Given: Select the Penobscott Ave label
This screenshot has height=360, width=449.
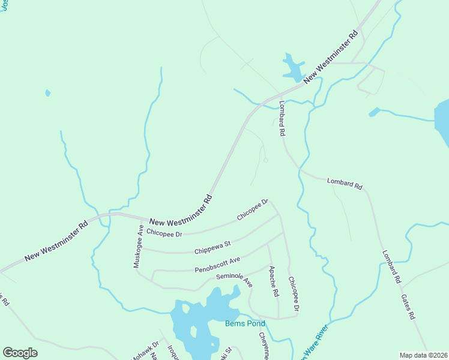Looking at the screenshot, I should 217,265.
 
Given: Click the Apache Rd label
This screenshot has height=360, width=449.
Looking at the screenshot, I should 274,281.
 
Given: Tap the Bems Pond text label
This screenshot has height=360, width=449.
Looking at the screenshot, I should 245,323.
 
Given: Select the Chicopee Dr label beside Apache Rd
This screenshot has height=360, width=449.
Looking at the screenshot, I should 293,293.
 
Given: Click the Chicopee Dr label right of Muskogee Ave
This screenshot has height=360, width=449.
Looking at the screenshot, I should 164,232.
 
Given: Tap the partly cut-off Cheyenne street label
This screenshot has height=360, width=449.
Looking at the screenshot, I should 264,346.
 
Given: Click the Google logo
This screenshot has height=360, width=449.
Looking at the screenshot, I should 20,353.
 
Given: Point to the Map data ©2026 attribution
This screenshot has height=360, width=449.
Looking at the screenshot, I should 423,355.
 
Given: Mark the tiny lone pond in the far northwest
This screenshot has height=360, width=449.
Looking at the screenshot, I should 48,93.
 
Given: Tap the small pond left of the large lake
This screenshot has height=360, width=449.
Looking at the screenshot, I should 374,112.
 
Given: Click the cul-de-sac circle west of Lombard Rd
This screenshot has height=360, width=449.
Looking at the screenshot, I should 265,160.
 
